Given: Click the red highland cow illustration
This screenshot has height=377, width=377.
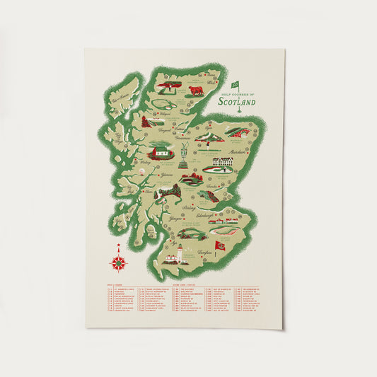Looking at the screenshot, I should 196,91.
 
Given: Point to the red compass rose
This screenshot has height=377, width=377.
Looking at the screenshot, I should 118,262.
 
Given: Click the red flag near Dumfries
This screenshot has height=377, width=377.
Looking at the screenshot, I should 220,245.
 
